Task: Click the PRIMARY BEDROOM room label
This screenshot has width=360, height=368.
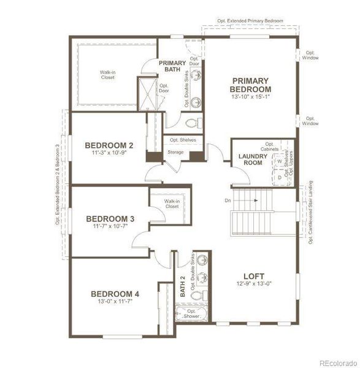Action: [251, 85]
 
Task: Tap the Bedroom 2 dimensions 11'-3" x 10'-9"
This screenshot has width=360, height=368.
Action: [109, 154]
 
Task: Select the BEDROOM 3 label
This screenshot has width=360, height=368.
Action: [110, 218]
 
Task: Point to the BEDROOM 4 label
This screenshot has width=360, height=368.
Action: [115, 294]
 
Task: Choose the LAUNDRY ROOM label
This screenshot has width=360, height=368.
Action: [253, 160]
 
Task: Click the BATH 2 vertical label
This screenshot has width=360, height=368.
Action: [182, 285]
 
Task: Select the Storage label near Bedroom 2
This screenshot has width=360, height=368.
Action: [175, 152]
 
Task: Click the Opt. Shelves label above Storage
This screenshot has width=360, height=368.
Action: [183, 140]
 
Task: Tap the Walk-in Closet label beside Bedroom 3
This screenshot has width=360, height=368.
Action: [172, 204]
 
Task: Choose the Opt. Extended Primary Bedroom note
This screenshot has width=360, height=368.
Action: [250, 20]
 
